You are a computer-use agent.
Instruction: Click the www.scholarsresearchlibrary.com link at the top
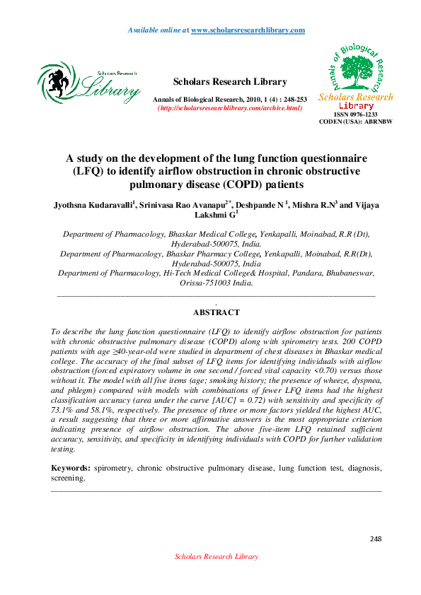248,30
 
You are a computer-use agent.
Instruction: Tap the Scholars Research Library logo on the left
88,83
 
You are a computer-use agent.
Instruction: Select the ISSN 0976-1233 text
355,114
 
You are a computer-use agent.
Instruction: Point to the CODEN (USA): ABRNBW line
355,121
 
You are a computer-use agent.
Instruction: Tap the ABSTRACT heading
216,312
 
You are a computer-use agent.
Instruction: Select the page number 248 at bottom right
375,539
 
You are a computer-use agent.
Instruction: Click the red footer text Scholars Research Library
216,557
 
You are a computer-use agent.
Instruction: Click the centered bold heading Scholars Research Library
230,82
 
